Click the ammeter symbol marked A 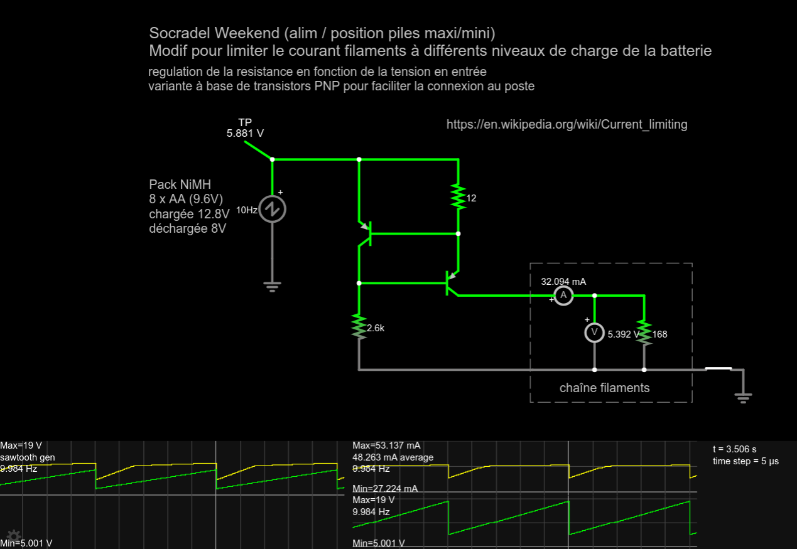click(563, 295)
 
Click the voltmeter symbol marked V click(594, 333)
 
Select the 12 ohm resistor click(458, 197)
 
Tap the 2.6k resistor click(359, 327)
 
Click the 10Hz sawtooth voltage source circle click(273, 209)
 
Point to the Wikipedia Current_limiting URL click(567, 124)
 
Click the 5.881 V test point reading click(245, 134)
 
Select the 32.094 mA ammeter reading click(563, 282)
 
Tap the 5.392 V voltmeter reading click(623, 334)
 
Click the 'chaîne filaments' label click(604, 388)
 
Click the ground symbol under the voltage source click(272, 287)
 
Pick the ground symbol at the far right click(743, 397)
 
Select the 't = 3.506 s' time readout click(734, 449)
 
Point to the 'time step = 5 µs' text click(745, 461)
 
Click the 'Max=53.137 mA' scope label click(386, 445)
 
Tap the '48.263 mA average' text click(393, 457)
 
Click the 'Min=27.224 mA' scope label click(385, 488)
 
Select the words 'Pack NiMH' click(180, 184)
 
